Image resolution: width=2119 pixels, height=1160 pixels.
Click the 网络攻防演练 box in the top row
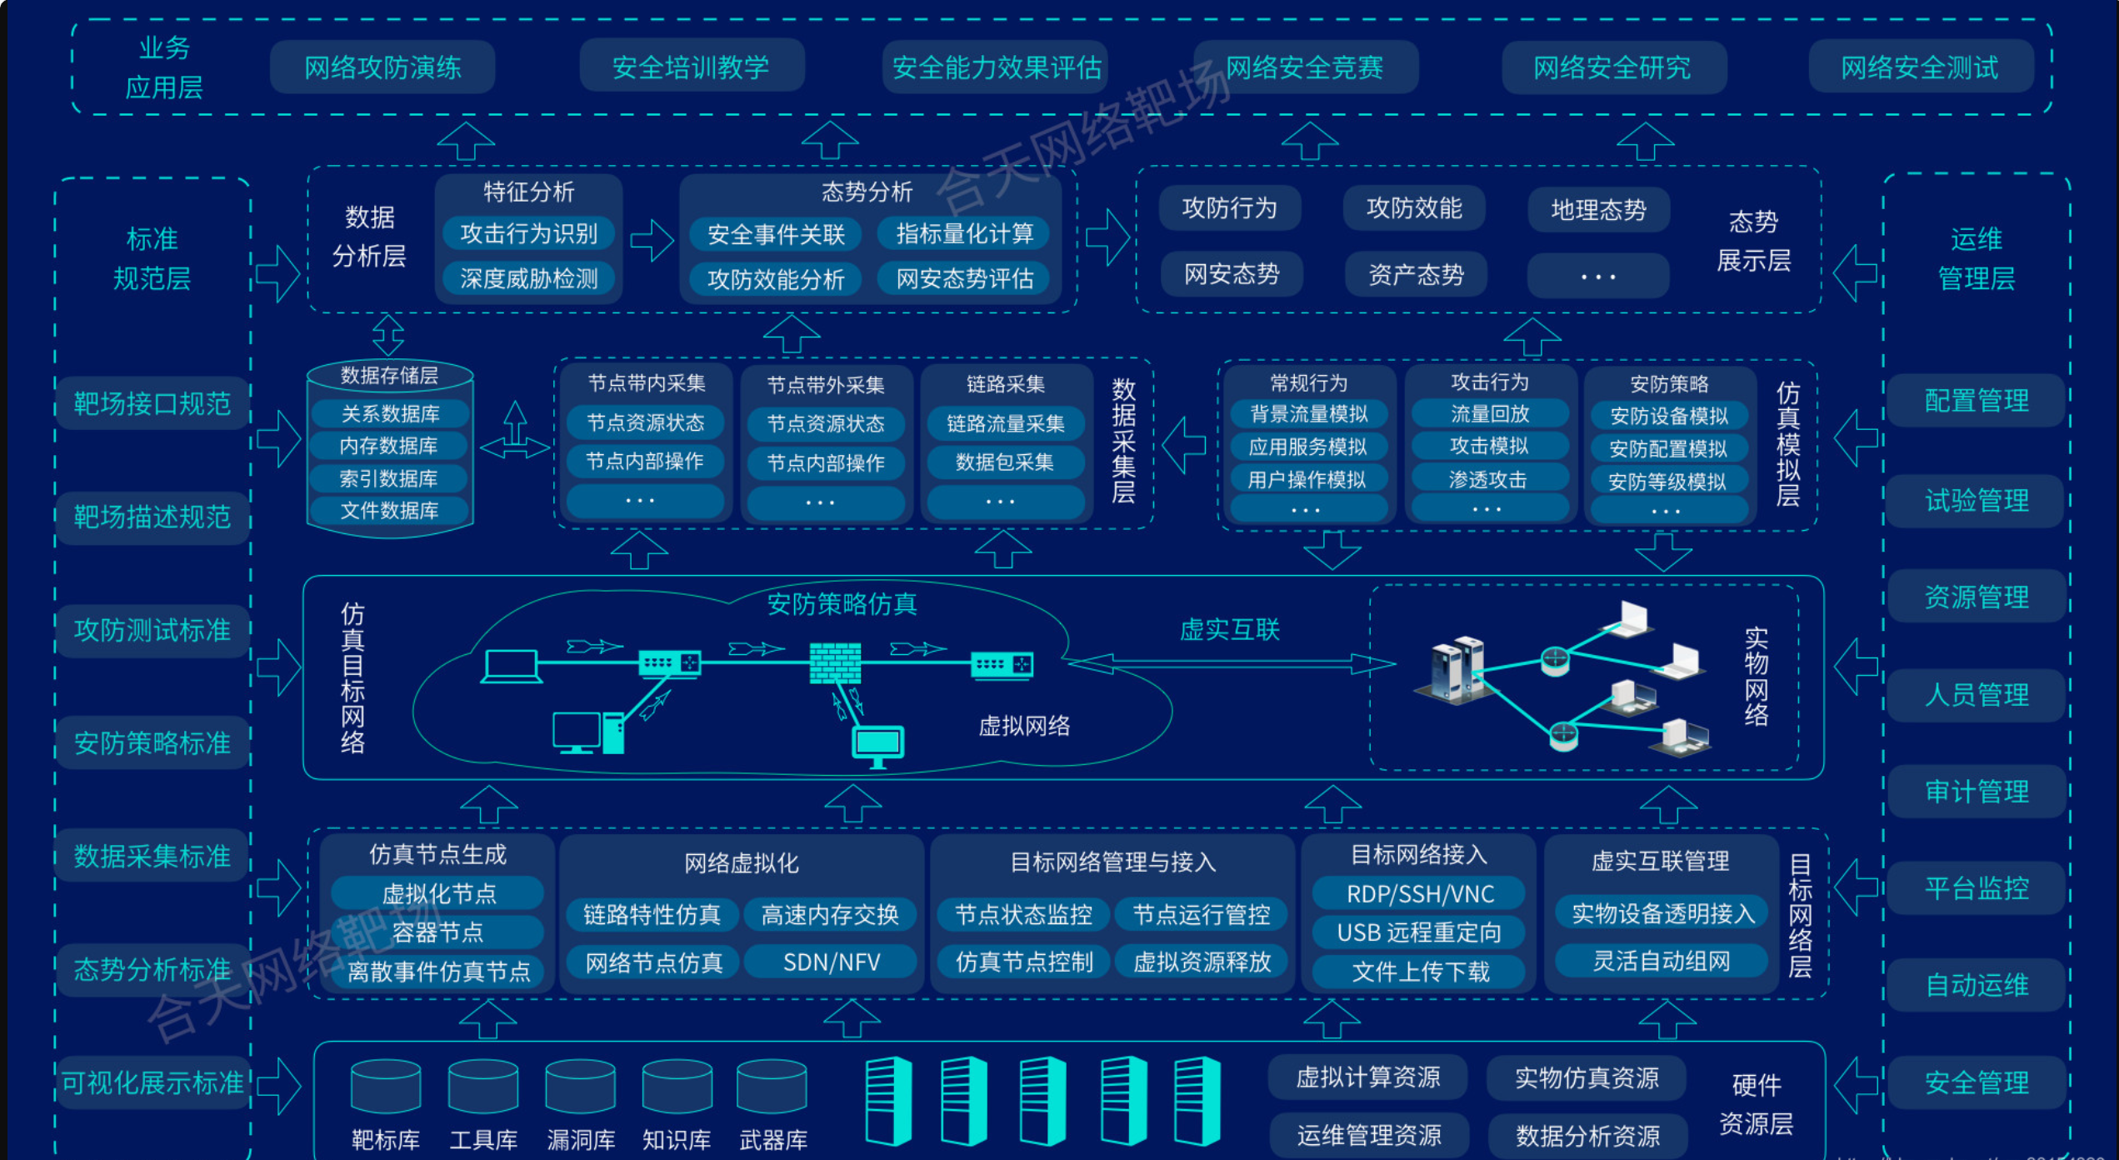pos(382,67)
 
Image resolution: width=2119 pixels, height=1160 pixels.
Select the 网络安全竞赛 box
pos(1305,67)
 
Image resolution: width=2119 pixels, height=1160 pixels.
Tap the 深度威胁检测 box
pos(529,278)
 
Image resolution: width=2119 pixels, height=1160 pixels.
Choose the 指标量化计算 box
pos(965,234)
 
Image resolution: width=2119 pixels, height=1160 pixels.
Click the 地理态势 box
pos(1598,209)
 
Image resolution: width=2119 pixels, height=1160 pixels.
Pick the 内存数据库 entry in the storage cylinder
pos(389,446)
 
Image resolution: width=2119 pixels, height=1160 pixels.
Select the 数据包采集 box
pos(1005,462)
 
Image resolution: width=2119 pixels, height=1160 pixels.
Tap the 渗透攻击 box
pos(1488,479)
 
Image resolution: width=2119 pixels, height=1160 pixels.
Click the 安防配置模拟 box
pos(1668,449)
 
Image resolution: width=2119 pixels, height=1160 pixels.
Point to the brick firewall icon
pos(835,663)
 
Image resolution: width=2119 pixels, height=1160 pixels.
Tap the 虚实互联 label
pos(1230,630)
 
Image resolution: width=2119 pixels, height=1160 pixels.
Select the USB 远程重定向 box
pos(1419,932)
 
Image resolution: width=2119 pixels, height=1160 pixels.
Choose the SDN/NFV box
pos(832,962)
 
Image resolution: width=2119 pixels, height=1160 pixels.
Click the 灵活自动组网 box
pos(1662,961)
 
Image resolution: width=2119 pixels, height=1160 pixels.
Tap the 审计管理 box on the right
pos(1977,792)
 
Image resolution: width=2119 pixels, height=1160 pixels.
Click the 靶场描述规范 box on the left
pos(152,517)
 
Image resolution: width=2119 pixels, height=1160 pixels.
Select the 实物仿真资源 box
pos(1587,1077)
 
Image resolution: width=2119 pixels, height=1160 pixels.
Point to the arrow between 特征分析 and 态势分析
pos(652,241)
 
